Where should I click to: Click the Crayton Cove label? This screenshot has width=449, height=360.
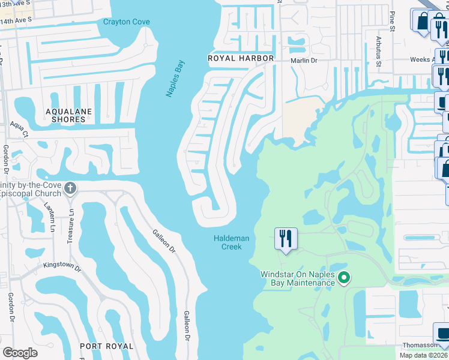pos(126,22)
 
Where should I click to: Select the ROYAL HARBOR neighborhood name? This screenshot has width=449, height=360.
pos(241,58)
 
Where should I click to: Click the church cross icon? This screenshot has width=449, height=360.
pos(70,188)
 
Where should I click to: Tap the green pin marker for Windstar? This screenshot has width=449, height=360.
pos(344,277)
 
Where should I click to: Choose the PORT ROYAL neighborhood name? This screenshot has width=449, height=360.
pos(107,346)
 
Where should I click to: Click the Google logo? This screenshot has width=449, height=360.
pos(20,353)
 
